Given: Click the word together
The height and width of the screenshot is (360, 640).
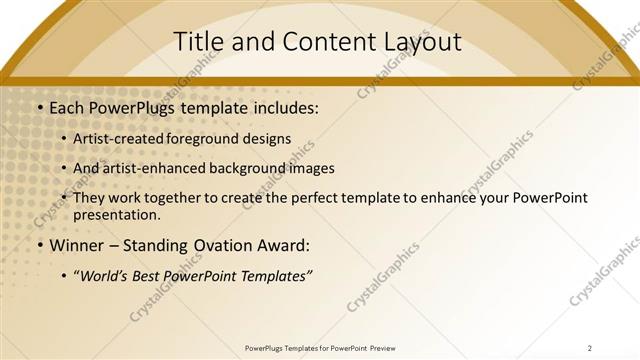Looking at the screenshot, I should [174, 198].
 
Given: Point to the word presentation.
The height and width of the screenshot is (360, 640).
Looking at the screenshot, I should [116, 214].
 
